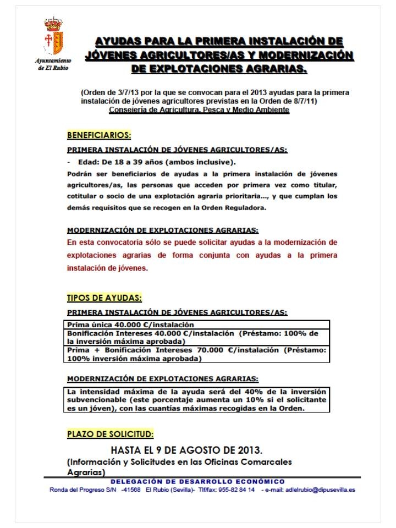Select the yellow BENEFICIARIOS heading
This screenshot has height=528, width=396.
click(x=99, y=135)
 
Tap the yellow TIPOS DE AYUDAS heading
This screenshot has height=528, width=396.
click(x=104, y=298)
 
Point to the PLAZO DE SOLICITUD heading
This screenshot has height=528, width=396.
click(x=110, y=434)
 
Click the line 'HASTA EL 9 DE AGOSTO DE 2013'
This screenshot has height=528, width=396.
click(x=186, y=450)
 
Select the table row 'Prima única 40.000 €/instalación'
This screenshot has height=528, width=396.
click(x=130, y=325)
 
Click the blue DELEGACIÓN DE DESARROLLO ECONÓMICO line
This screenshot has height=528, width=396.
click(x=196, y=482)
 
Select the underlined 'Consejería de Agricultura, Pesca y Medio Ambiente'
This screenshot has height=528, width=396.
click(x=199, y=110)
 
